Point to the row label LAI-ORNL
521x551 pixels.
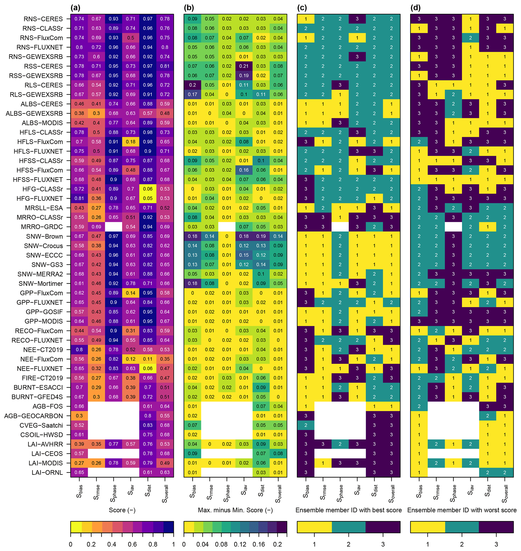[47, 472]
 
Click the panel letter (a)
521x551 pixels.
[75, 8]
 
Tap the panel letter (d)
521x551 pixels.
[415, 8]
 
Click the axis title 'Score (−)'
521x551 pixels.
[122, 510]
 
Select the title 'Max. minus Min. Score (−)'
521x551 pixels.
[235, 510]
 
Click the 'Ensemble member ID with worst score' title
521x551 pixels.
[462, 510]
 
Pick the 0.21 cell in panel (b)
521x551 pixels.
[244, 66]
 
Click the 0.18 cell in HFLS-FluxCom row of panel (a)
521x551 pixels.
[131, 142]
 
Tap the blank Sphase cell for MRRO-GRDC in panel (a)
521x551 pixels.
[113, 227]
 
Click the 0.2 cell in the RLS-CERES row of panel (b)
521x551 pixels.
[193, 85]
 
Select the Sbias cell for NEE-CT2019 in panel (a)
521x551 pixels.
[79, 350]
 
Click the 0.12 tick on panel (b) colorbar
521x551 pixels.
[240, 544]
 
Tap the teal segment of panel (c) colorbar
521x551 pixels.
[349, 527]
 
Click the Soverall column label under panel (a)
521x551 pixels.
[165, 494]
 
